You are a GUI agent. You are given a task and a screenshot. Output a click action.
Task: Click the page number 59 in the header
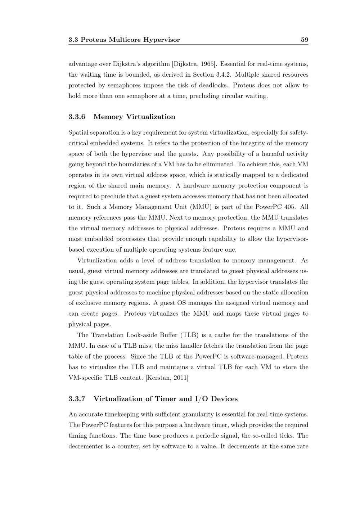(305, 40)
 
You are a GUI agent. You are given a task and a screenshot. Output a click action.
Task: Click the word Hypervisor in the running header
(162, 40)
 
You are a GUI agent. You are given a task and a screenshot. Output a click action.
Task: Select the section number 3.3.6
(77, 117)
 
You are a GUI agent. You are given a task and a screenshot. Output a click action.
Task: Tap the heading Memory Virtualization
(134, 117)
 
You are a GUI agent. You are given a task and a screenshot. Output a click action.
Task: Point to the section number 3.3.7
(77, 398)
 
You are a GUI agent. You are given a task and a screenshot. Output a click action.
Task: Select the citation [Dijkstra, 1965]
(194, 64)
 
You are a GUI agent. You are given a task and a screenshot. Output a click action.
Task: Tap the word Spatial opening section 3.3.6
(78, 132)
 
